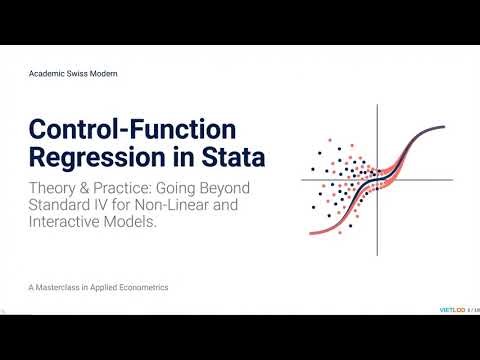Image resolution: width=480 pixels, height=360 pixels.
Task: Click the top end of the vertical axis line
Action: [378, 105]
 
